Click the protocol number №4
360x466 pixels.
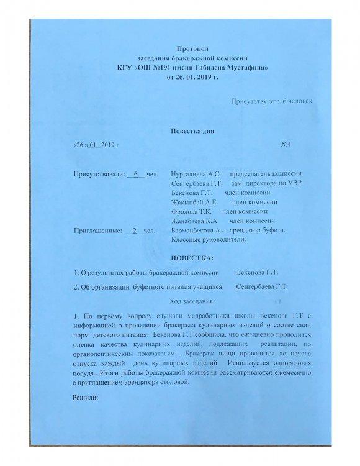287,145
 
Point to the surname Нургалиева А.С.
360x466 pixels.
191,173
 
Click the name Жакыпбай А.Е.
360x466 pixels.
193,201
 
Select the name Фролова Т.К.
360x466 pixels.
190,211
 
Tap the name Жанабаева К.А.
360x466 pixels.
192,221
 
